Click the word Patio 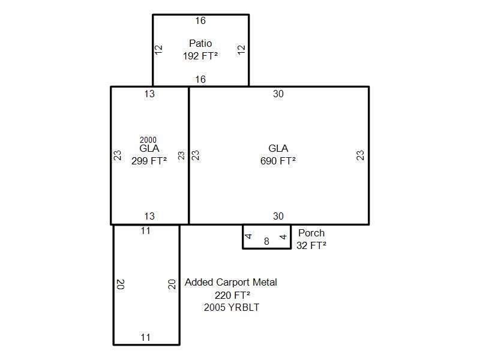pos(200,43)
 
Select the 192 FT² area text pos(200,56)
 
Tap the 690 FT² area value pos(278,161)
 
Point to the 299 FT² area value pos(149,161)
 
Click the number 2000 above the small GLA pos(148,140)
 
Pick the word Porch pos(311,233)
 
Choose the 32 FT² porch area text pos(311,245)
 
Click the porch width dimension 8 pos(266,241)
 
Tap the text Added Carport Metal pos(231,282)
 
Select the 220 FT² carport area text pos(232,295)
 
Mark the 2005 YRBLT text pos(232,307)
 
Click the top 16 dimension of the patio pos(200,21)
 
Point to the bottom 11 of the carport pos(145,337)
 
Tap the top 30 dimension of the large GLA pos(278,94)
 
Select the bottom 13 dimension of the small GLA pos(149,216)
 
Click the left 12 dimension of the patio pos(158,50)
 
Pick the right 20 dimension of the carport pos(172,284)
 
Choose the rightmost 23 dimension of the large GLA pos(361,155)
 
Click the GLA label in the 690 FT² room pos(278,148)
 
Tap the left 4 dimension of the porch pos(248,236)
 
